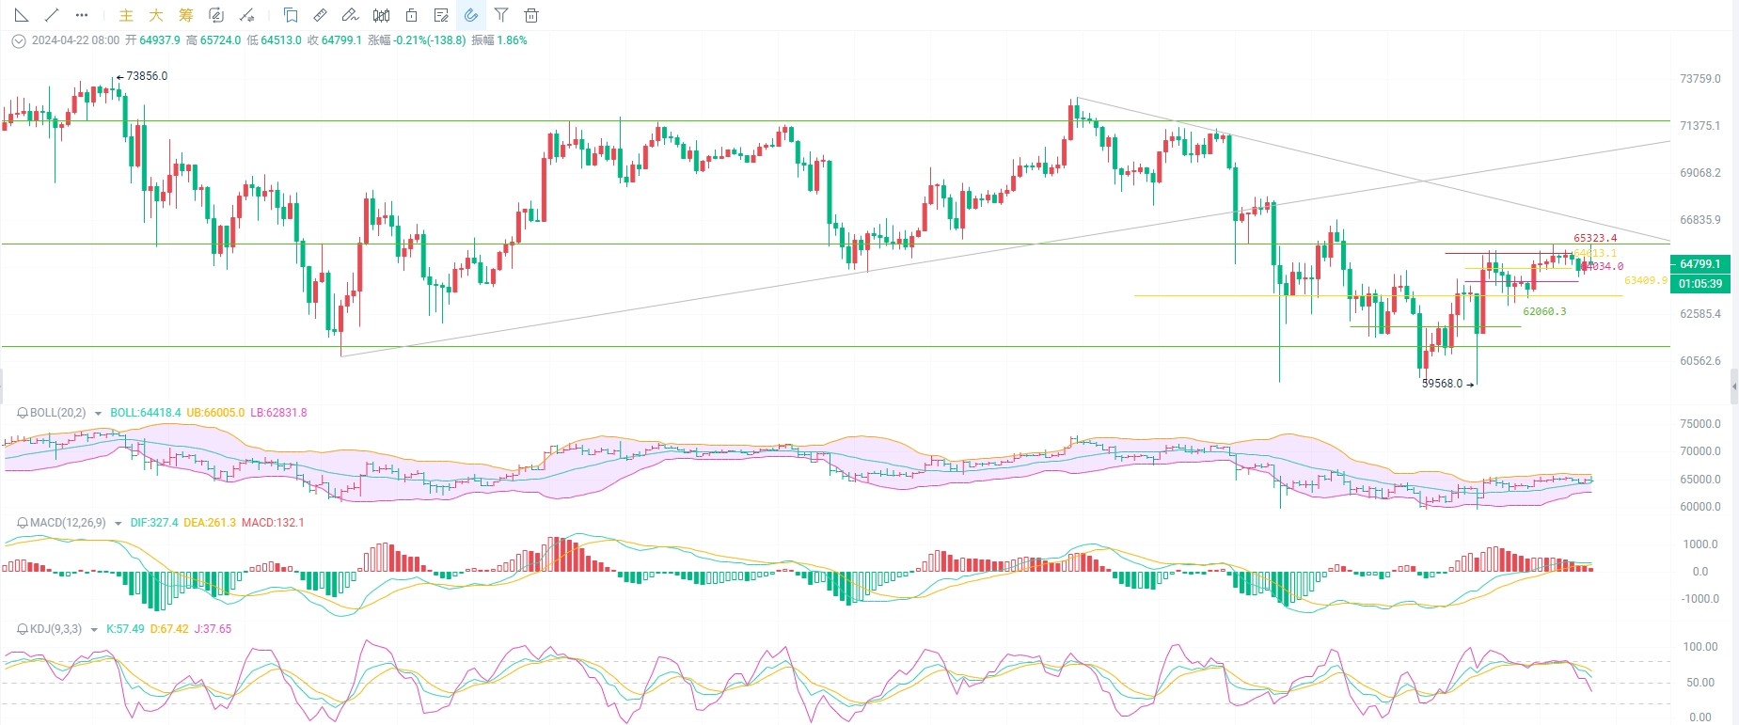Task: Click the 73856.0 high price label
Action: tap(147, 76)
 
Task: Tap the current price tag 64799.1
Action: tap(1699, 264)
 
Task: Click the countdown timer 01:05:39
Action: tap(1699, 284)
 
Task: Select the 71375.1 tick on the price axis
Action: tap(1699, 126)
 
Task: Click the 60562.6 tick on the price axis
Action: tap(1699, 361)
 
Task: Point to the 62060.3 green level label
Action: tap(1544, 312)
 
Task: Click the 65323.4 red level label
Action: tap(1595, 239)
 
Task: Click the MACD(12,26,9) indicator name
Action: tap(68, 523)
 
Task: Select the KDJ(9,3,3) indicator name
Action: tap(55, 629)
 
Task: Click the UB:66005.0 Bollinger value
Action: tap(215, 413)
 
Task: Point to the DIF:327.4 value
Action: tap(154, 523)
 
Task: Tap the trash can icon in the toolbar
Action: tap(531, 15)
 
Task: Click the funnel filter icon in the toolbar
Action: tap(501, 15)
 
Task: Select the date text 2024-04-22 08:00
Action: tap(75, 40)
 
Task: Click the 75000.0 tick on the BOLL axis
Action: tap(1699, 424)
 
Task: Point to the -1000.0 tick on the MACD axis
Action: tap(1699, 599)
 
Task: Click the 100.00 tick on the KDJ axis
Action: tap(1699, 647)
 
